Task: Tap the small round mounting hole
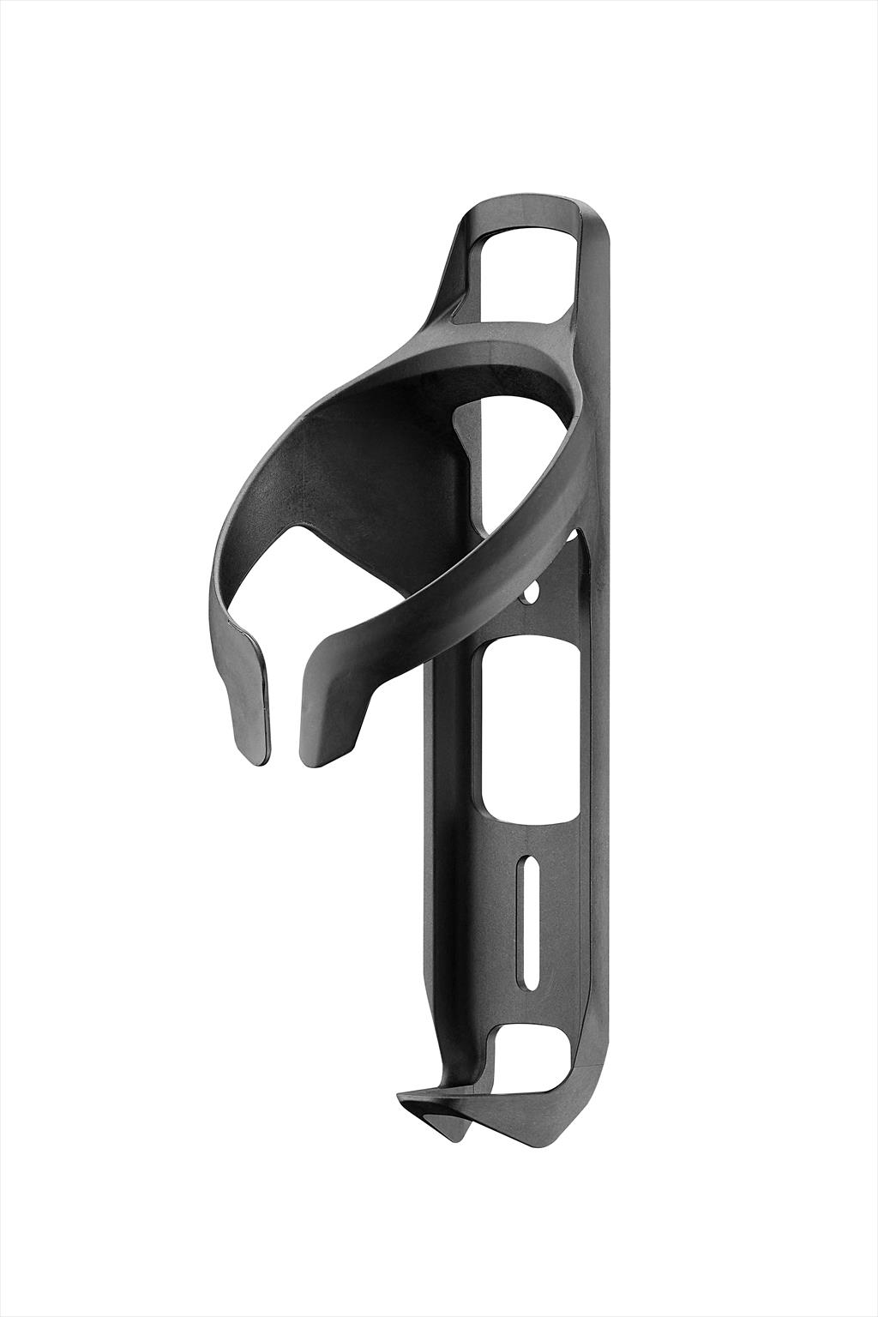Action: tap(532, 592)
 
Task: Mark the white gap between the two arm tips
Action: tap(286, 712)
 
